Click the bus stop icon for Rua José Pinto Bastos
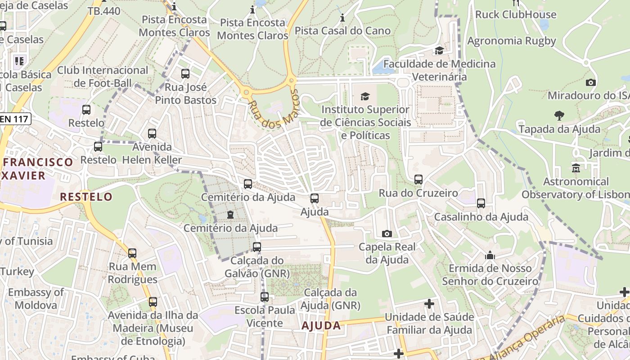point(185,74)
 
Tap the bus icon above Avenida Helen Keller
point(152,134)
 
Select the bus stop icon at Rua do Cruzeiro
point(418,180)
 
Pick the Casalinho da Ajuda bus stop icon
point(481,203)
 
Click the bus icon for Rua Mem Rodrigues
point(132,253)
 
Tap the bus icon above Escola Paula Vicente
point(265,297)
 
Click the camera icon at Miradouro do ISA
point(591,82)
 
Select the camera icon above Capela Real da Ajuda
point(387,234)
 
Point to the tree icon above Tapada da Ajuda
point(559,116)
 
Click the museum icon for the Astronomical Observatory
point(576,168)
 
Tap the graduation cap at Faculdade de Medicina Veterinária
point(439,50)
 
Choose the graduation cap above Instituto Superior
point(365,96)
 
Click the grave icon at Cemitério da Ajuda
point(230,215)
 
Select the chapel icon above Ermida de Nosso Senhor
point(490,255)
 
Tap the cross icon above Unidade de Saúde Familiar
point(429,304)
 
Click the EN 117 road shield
point(15,119)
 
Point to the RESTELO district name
point(86,197)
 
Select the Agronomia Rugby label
point(512,41)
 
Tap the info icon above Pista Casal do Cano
point(342,18)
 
